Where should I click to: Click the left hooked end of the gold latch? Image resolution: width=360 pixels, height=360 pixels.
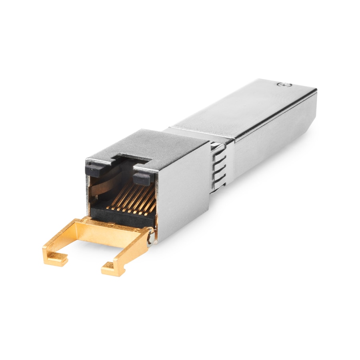54,256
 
